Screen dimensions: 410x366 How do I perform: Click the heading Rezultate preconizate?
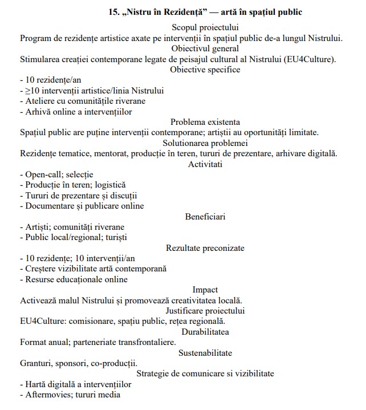point(205,248)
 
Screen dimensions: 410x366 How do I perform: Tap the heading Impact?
point(205,290)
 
